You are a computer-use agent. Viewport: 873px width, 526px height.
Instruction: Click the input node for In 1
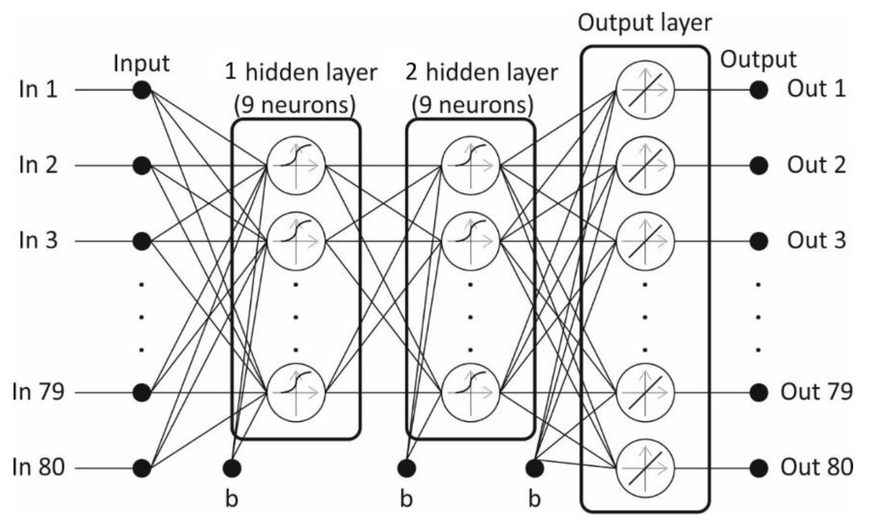pyautogui.click(x=142, y=90)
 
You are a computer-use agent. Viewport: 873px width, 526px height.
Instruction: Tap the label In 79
pyautogui.click(x=38, y=392)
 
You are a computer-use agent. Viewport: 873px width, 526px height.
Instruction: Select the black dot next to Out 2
pyautogui.click(x=759, y=165)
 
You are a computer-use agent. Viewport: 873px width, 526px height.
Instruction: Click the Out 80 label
pyautogui.click(x=816, y=467)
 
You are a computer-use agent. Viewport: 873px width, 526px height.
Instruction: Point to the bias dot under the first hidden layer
pyautogui.click(x=232, y=468)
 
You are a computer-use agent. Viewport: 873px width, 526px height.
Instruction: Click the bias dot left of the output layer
pyautogui.click(x=534, y=468)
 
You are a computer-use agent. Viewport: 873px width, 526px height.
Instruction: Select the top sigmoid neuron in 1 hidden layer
pyautogui.click(x=296, y=165)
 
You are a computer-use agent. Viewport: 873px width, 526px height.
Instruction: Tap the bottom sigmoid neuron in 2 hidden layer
pyautogui.click(x=470, y=393)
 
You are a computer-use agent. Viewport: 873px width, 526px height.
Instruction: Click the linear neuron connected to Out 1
pyautogui.click(x=645, y=90)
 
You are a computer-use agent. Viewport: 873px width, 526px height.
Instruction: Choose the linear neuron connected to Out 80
pyautogui.click(x=645, y=468)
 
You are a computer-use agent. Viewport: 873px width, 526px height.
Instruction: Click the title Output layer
pyautogui.click(x=645, y=23)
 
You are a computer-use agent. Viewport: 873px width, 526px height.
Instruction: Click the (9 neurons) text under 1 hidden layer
pyautogui.click(x=295, y=105)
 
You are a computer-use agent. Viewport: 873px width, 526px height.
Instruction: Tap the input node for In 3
pyautogui.click(x=142, y=241)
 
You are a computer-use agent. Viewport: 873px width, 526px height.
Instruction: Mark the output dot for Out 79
pyautogui.click(x=759, y=393)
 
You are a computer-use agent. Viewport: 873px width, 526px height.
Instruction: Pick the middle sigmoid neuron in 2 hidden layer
pyautogui.click(x=470, y=241)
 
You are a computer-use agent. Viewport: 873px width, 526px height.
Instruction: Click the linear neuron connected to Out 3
pyautogui.click(x=645, y=241)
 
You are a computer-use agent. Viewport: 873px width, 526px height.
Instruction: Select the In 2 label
pyautogui.click(x=38, y=165)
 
